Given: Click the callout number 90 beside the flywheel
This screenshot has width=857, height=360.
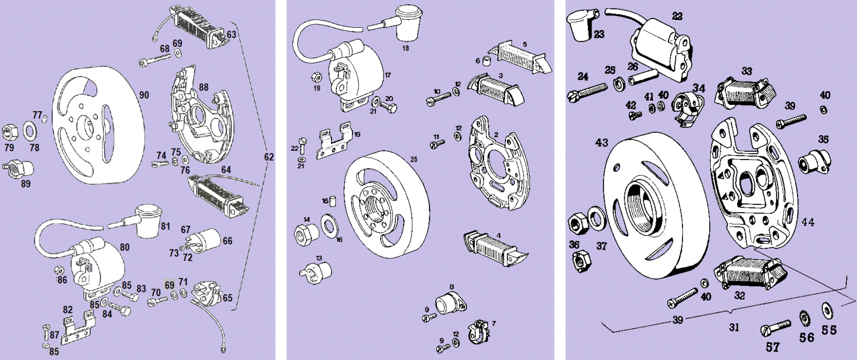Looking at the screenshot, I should [145, 95].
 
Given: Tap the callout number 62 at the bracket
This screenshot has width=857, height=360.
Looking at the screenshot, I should [269, 158].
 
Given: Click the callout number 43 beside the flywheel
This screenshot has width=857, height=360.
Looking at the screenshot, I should [601, 143].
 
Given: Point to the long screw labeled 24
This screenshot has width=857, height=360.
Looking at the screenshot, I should [587, 92].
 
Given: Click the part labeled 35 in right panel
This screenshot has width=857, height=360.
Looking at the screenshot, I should [811, 162].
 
